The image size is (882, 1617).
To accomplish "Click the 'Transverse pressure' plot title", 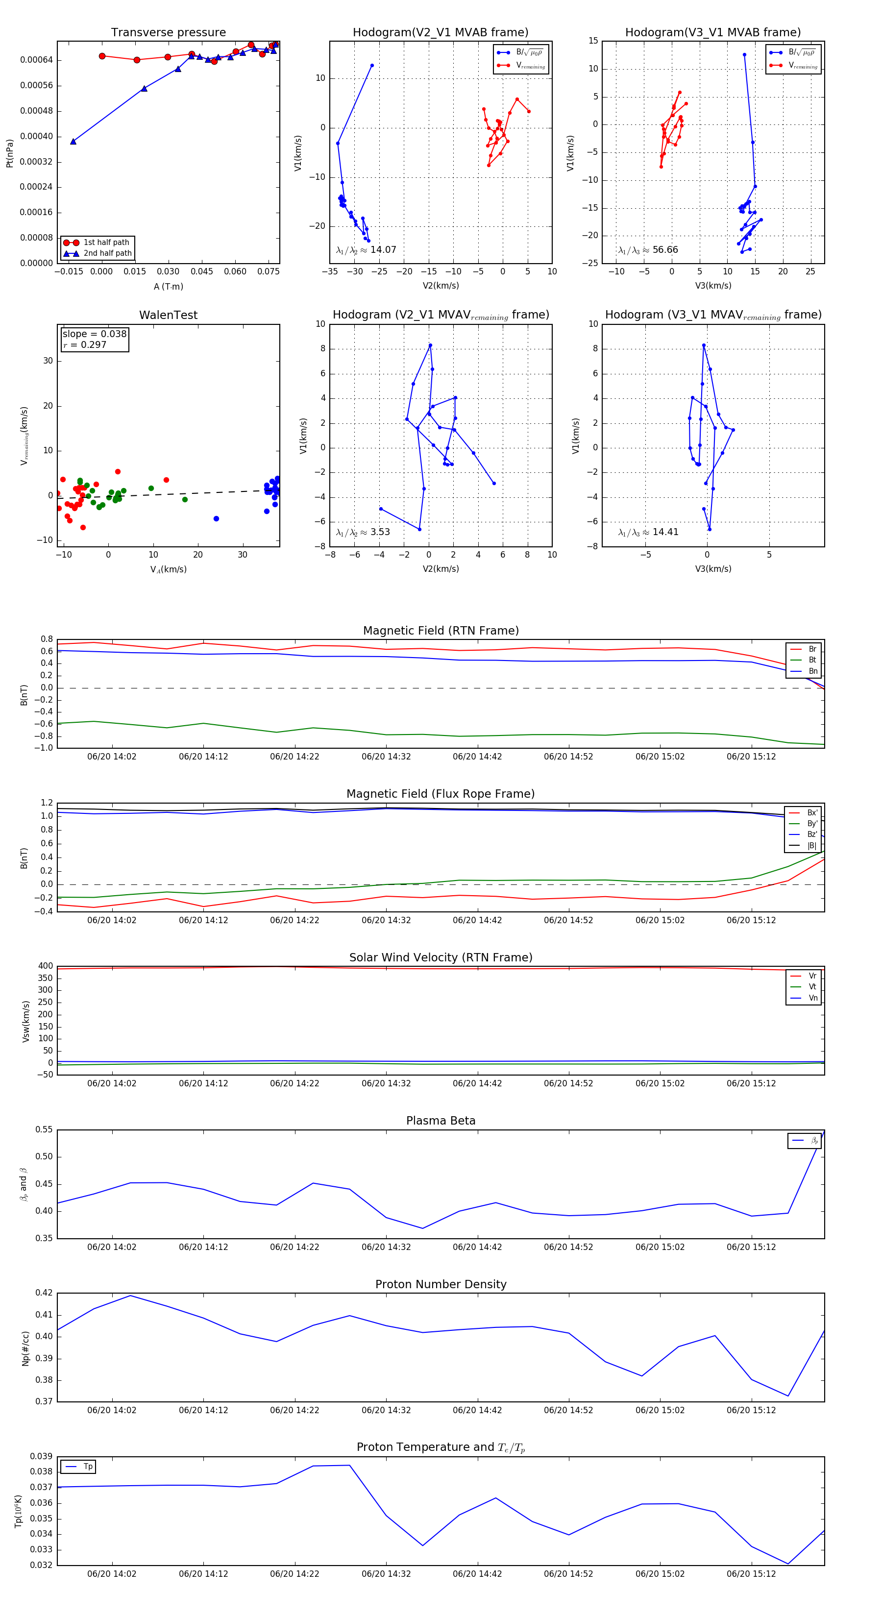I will click(x=168, y=33).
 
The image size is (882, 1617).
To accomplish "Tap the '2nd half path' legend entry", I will click(x=107, y=254).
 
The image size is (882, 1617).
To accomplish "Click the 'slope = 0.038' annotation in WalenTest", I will click(x=94, y=334).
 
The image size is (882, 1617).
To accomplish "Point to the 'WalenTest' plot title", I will click(x=168, y=315).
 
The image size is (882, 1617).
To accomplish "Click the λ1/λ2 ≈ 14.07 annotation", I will click(x=366, y=250).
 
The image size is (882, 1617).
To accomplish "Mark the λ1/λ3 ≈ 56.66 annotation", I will click(x=648, y=250).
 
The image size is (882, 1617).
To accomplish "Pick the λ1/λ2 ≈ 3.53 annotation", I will click(x=363, y=532).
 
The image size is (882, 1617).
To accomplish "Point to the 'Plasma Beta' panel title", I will click(x=441, y=1121).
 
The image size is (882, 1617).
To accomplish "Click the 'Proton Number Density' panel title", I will click(x=441, y=1284).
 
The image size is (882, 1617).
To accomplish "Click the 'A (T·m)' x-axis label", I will click(x=168, y=287).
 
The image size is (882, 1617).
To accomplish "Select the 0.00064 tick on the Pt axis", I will click(x=36, y=60).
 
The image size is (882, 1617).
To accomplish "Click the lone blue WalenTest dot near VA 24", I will click(x=216, y=518).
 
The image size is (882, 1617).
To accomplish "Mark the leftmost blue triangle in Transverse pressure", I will click(x=73, y=141).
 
